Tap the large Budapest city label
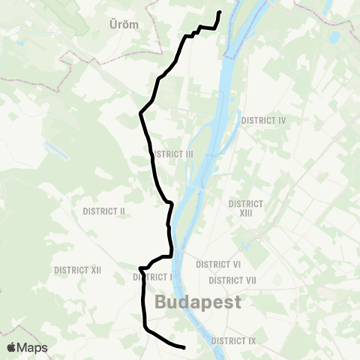click(198, 302)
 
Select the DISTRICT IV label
click(264, 120)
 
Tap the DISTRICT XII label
click(77, 270)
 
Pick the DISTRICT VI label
click(217, 265)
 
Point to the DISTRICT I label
click(154, 277)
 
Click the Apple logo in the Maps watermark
click(12, 347)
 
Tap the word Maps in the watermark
click(32, 347)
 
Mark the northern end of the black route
click(220, 13)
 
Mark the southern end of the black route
click(184, 346)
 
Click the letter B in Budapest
click(161, 302)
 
